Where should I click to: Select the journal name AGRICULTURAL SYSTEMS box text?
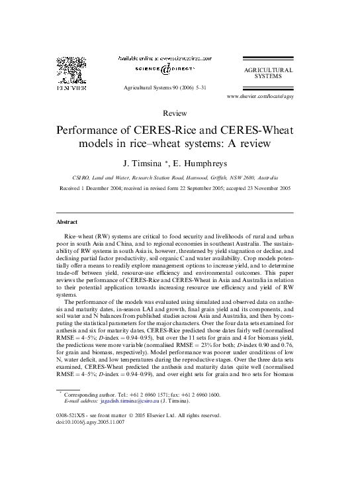pos(269,72)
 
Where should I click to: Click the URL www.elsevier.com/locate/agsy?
pos(260,96)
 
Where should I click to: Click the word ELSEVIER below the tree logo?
pos(69,87)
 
